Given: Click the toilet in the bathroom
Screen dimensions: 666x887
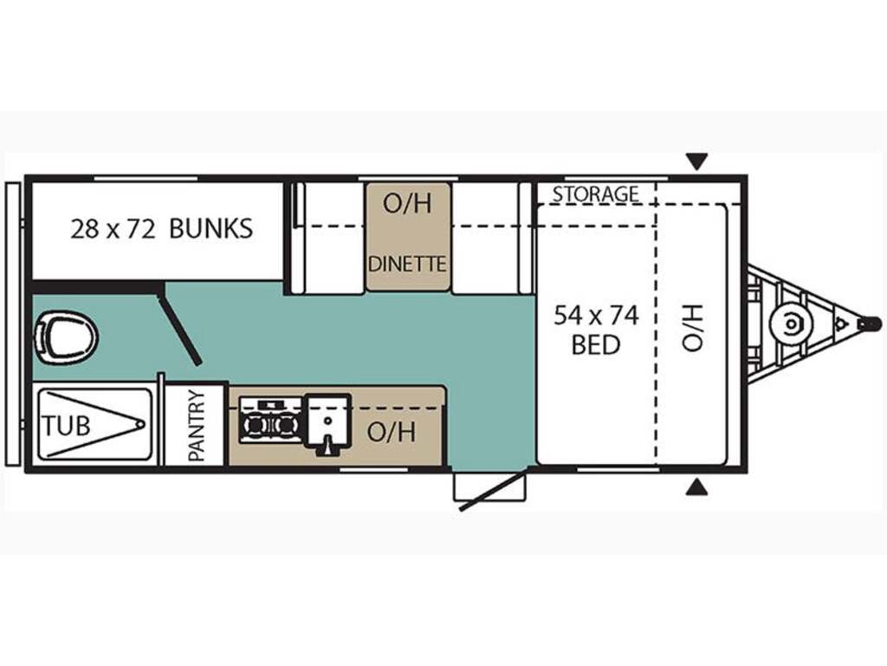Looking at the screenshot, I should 65,336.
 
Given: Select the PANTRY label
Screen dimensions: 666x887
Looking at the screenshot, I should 197,426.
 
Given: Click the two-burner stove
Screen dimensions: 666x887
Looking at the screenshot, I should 269,421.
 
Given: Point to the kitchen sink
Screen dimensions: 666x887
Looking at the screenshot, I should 327,422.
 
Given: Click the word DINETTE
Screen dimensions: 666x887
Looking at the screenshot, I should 407,263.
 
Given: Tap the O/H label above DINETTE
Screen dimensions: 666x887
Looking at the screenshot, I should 407,205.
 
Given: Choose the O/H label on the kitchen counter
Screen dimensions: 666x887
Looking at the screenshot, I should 392,431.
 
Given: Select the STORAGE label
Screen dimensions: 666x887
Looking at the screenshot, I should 596,194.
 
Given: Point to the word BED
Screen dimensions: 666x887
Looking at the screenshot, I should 596,345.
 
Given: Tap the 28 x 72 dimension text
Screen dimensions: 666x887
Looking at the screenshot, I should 113,228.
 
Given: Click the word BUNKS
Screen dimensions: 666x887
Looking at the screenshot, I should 210,228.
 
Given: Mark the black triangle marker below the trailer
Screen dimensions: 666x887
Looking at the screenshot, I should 696,487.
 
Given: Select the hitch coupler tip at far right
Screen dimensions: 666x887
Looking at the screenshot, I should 869,324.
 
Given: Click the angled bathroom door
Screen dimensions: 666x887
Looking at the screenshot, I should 179,329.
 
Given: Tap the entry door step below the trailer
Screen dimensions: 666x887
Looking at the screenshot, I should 489,487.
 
